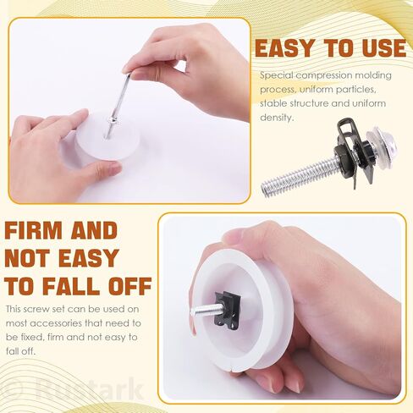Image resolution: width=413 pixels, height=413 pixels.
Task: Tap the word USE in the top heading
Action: (383, 48)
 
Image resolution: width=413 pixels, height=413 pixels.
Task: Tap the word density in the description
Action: (277, 118)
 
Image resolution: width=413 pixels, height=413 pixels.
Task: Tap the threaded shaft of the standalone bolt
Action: (300, 176)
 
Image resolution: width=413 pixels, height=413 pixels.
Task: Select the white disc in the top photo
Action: (108, 136)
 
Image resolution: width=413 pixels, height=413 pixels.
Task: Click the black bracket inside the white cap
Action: (228, 311)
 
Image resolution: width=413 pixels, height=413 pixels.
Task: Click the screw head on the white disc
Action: (113, 120)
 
